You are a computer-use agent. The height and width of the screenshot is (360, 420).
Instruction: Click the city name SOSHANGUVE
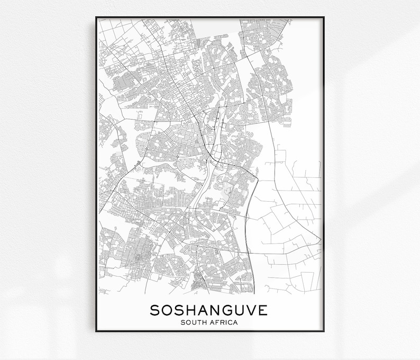(x=209, y=310)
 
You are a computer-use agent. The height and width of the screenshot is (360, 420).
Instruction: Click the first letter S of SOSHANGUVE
(x=154, y=310)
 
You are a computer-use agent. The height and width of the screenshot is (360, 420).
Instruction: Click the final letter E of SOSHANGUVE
(x=263, y=310)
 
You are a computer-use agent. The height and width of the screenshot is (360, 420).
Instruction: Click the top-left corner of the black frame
(x=96, y=17)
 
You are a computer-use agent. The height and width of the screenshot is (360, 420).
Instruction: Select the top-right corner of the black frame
(x=324, y=17)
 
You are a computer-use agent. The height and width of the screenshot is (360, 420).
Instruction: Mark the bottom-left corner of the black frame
(x=96, y=331)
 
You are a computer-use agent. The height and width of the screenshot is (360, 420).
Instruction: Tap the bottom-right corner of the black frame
(x=324, y=331)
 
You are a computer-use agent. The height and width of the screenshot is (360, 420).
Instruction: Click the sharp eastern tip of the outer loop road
(x=321, y=239)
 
